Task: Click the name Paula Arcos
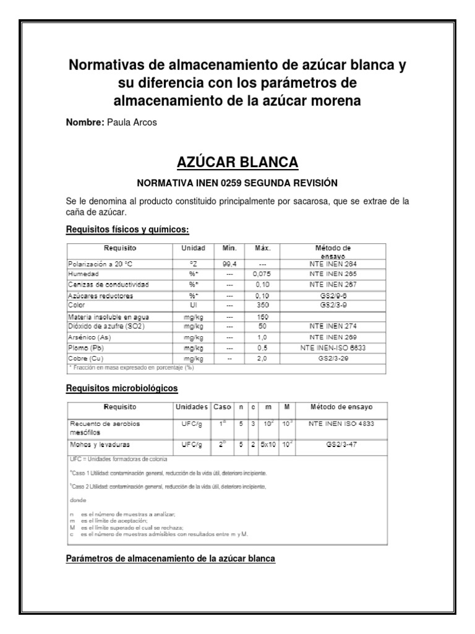tap(132, 123)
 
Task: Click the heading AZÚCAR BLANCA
tap(237, 163)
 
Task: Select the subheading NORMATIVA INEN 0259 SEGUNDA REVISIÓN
tap(237, 183)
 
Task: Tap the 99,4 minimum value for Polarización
tap(229, 263)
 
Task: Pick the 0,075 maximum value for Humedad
tap(262, 274)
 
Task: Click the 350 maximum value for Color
tap(262, 305)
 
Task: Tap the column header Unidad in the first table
tap(192, 248)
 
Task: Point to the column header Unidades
tap(192, 407)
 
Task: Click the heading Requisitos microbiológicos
tap(122, 388)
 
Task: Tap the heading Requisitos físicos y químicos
tap(127, 230)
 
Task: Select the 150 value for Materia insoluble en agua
tap(262, 316)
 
